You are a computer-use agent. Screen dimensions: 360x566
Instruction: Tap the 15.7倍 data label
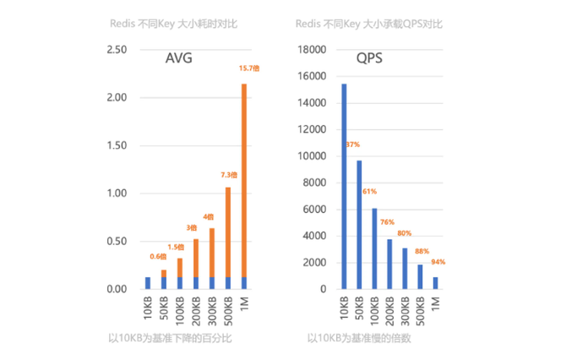coord(248,68)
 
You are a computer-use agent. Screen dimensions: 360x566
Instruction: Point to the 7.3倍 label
coord(229,175)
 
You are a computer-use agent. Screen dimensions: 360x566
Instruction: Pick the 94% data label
coord(438,262)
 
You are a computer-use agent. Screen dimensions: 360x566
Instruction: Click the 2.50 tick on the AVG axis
coord(116,50)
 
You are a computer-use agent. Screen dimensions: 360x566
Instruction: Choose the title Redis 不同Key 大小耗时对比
coord(174,23)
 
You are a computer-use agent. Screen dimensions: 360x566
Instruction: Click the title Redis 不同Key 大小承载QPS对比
coord(370,23)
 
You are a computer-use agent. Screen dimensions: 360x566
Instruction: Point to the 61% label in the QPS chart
coord(369,191)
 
